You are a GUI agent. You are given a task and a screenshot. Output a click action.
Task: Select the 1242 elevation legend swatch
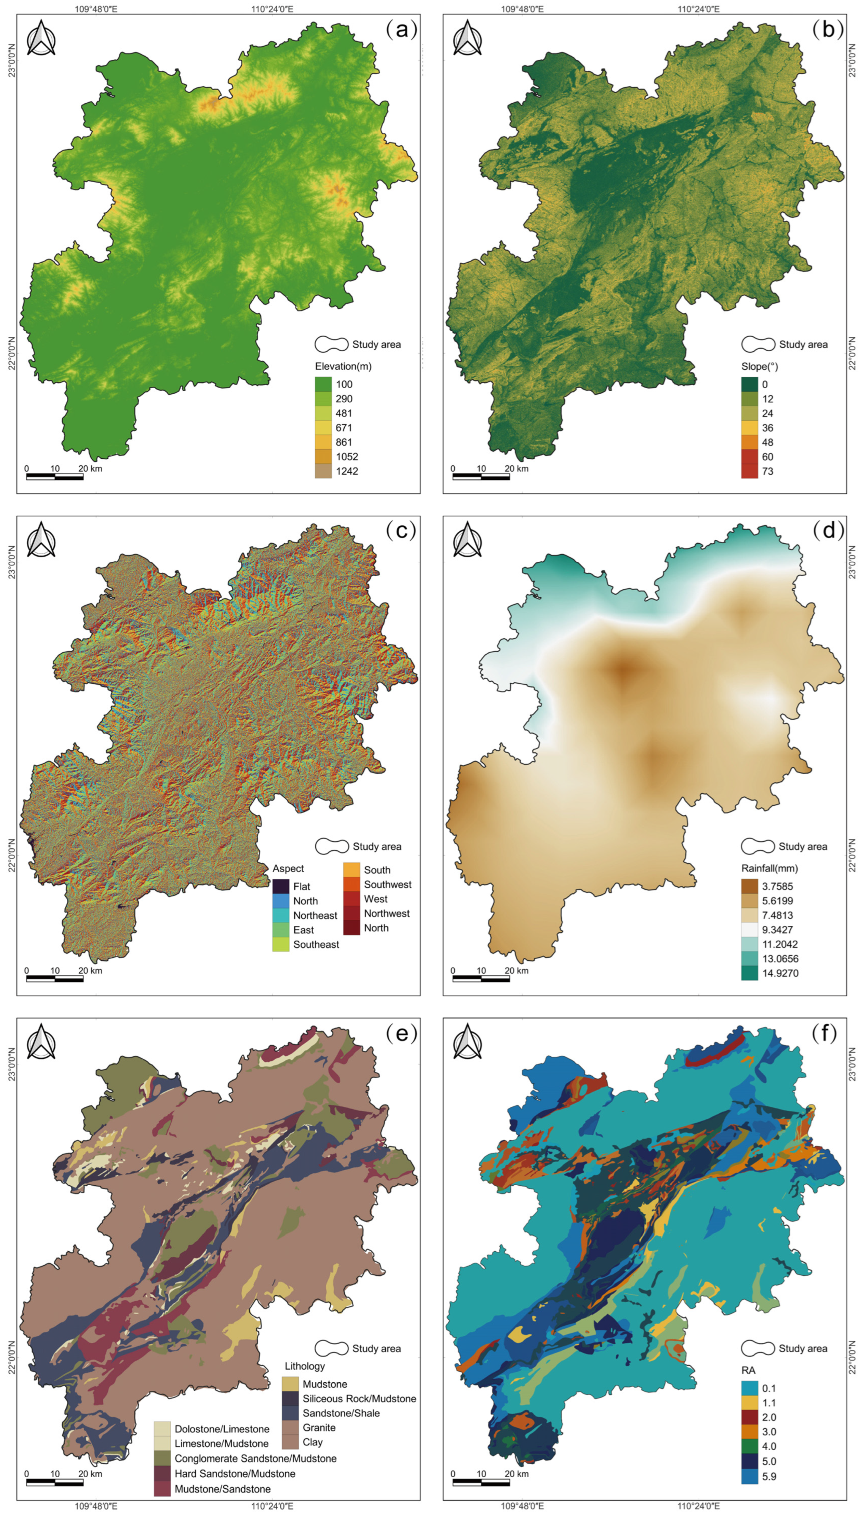pos(323,471)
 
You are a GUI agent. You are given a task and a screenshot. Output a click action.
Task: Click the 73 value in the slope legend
pos(767,471)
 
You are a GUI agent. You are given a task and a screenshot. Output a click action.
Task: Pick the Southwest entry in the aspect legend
pos(387,884)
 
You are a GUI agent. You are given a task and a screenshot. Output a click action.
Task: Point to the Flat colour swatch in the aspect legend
pos(281,886)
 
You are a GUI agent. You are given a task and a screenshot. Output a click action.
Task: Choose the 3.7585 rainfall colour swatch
pos(749,886)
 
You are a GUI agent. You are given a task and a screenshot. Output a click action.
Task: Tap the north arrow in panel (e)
pos(41,1042)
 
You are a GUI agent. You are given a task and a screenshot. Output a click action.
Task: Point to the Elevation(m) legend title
pos(343,366)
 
